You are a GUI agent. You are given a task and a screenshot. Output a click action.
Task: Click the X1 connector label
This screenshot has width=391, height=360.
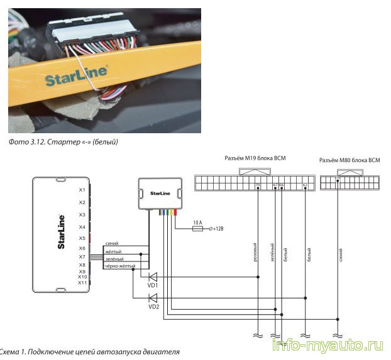(x=82, y=190)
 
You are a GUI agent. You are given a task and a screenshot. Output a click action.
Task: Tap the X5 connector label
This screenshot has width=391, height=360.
(x=82, y=238)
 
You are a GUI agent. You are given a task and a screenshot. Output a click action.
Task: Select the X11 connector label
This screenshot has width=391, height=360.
(x=82, y=283)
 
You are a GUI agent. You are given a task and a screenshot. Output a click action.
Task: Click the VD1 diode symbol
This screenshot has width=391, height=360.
(x=151, y=276)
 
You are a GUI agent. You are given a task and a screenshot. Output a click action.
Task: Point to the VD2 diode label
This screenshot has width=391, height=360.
(x=153, y=307)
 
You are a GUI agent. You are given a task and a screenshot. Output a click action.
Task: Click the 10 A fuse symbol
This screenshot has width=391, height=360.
(x=197, y=229)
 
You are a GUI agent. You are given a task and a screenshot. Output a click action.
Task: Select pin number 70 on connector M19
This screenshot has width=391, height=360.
(x=258, y=185)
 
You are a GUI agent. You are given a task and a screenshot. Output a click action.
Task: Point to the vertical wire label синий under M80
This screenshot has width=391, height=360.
(x=340, y=255)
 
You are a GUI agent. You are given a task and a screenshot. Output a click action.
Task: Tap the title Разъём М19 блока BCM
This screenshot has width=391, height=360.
(x=255, y=158)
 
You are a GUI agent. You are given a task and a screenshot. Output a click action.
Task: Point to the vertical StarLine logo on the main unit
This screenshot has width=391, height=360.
(x=61, y=234)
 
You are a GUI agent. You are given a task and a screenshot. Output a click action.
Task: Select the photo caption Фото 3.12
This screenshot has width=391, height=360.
(x=63, y=142)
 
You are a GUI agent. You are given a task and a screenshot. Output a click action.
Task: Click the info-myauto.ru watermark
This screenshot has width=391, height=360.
(x=328, y=346)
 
